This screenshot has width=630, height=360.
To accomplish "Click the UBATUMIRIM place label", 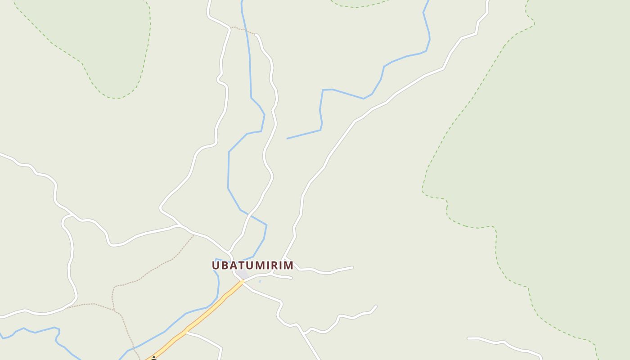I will (252, 265).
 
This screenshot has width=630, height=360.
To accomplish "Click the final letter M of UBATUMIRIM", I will (288, 265).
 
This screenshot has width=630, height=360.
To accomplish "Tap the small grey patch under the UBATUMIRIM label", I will (243, 274).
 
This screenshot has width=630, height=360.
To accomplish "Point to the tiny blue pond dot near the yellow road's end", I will (260, 282).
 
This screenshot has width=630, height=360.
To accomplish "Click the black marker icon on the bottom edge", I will (154, 358).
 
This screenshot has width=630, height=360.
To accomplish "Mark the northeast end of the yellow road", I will (243, 282).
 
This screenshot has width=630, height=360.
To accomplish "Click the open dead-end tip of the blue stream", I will (287, 138).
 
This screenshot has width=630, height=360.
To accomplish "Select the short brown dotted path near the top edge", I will (243, 30).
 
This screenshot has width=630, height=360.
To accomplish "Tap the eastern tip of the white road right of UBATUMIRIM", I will (352, 267).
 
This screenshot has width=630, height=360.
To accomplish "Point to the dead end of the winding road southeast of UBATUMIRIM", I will (375, 306).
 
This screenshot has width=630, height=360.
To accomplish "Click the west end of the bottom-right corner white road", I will (468, 338).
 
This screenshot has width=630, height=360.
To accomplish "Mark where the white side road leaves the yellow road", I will (185, 333).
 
